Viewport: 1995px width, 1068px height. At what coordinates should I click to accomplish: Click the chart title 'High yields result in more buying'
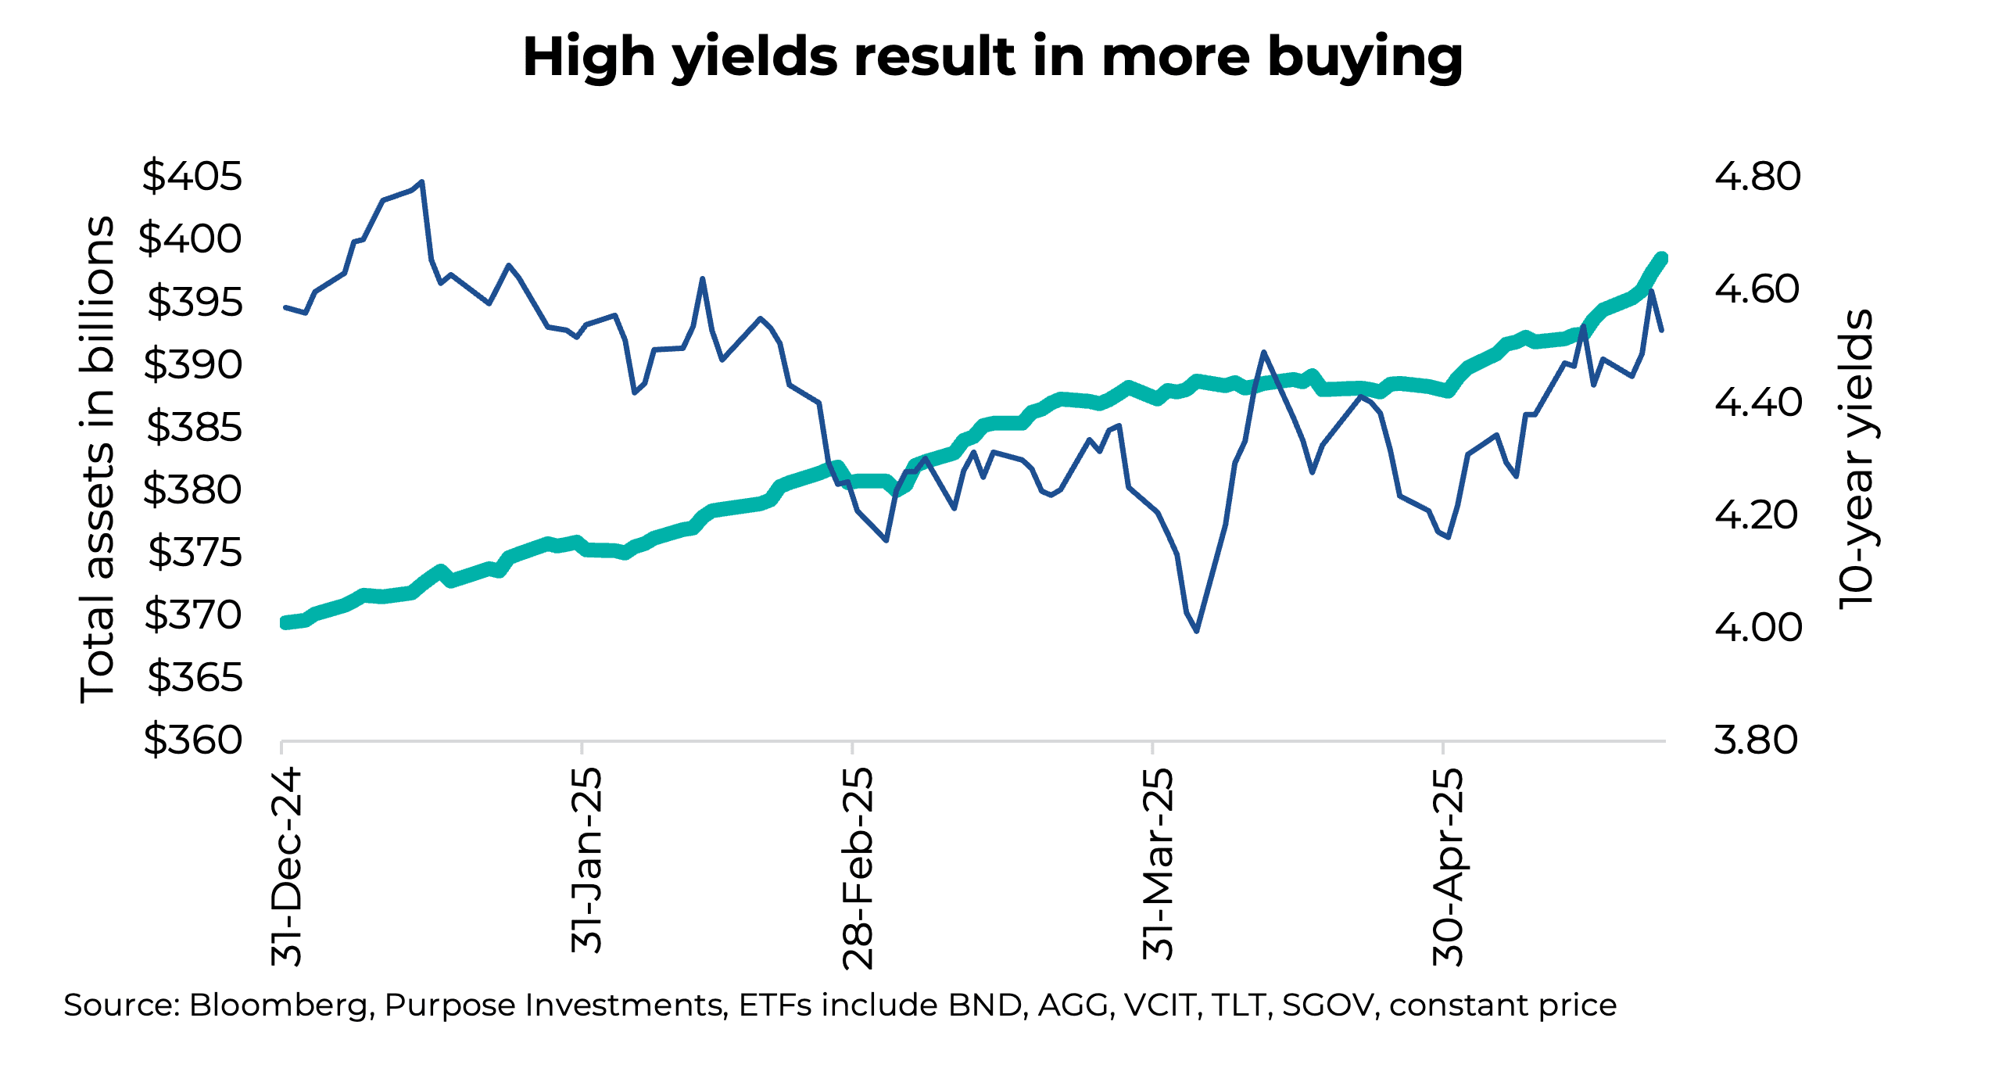tap(992, 58)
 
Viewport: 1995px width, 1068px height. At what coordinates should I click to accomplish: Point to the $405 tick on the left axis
tap(192, 176)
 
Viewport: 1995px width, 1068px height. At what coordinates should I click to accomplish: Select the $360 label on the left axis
tap(192, 740)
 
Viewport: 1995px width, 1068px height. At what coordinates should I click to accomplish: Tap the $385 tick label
tap(194, 427)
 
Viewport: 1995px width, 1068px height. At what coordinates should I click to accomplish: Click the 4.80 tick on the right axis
tap(1757, 177)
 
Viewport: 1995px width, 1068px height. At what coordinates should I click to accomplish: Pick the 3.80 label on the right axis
tap(1756, 740)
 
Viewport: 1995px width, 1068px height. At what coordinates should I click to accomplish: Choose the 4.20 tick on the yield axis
tap(1757, 515)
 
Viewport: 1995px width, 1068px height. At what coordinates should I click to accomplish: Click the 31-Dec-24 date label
tap(286, 866)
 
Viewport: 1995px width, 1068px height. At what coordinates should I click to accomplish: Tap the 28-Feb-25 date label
tap(858, 868)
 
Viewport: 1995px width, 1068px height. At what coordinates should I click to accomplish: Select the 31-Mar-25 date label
tap(1158, 864)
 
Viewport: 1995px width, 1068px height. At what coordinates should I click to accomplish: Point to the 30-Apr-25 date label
tap(1448, 866)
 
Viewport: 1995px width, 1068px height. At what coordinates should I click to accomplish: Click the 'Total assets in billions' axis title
tap(97, 459)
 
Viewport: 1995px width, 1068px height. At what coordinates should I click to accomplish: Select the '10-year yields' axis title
tap(1857, 459)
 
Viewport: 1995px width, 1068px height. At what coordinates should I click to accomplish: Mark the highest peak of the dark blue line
tap(422, 182)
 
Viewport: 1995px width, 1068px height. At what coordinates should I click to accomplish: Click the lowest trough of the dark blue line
tap(1197, 630)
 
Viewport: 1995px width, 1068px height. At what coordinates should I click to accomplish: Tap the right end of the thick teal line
tap(1662, 259)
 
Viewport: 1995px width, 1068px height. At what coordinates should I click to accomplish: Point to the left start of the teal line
tap(285, 623)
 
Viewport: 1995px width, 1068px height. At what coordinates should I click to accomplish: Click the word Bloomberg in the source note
tap(278, 1005)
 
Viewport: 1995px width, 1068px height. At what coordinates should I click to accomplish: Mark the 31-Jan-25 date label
tap(586, 860)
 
